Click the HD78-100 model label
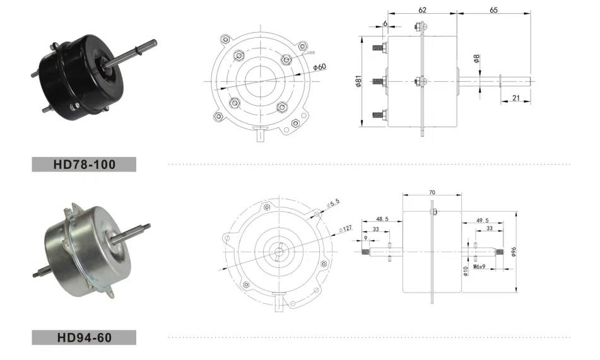coord(83,165)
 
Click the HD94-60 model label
coord(83,337)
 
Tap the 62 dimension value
coord(422,10)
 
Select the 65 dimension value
coord(493,10)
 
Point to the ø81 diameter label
coord(358,81)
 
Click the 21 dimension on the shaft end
coord(515,98)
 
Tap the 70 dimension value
coord(432,192)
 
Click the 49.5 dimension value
coord(483,221)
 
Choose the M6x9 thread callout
coord(481,267)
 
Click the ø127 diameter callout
coord(345,228)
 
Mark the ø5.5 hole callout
coord(333,203)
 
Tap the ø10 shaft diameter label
coord(465,270)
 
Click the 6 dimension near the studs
coord(385,23)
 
